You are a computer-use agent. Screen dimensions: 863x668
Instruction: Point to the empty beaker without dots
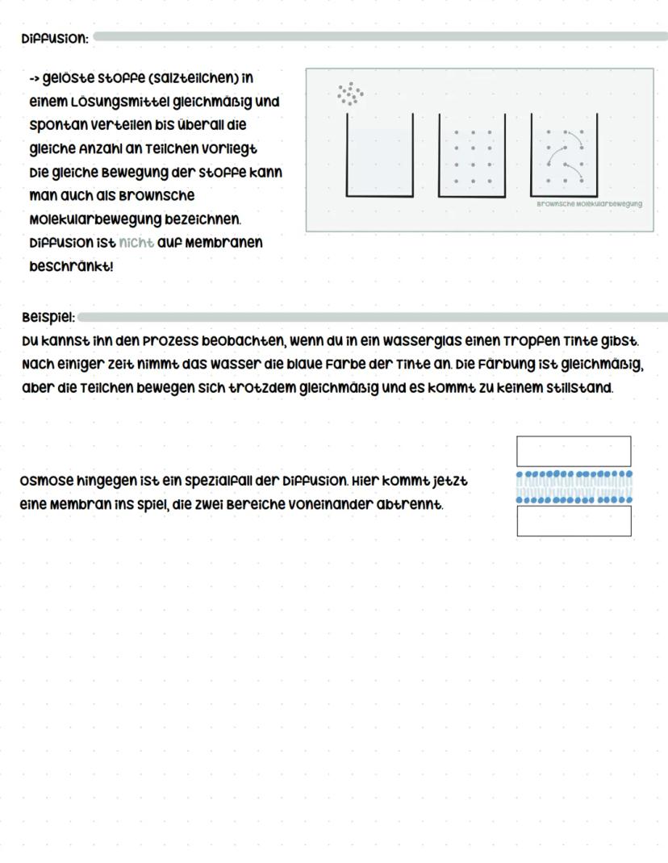[379, 157]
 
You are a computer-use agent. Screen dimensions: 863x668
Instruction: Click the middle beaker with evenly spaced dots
[472, 157]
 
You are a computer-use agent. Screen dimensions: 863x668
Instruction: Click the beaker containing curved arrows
[564, 157]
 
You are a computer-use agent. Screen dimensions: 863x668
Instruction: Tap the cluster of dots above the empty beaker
[349, 94]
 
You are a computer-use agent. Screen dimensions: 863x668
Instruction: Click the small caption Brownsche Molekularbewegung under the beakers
[589, 204]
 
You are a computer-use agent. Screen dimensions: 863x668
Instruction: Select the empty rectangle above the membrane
[574, 451]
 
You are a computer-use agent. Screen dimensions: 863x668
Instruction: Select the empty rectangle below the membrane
[574, 521]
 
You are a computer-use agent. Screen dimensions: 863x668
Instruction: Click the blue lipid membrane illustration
[574, 487]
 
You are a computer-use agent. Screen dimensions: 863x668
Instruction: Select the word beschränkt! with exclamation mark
[71, 265]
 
